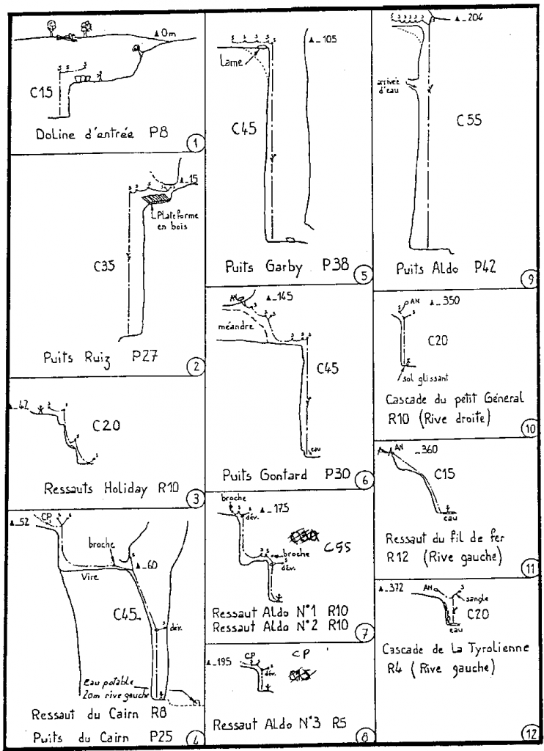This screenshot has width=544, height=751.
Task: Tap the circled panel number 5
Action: [360, 276]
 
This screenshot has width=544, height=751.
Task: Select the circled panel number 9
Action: [532, 277]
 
